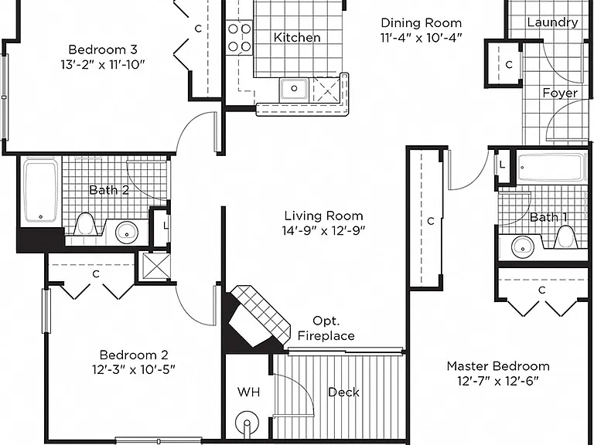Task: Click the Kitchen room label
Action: tap(297, 37)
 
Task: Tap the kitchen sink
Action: tap(294, 90)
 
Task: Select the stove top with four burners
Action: tap(240, 37)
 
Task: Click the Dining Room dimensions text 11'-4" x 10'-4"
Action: tap(422, 38)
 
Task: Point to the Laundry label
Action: tap(552, 22)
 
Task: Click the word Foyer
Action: tap(560, 93)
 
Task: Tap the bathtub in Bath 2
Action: tap(41, 192)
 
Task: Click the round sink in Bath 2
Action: tap(127, 232)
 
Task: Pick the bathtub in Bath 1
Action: tap(551, 167)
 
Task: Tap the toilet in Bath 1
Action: tap(565, 237)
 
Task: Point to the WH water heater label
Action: tap(248, 392)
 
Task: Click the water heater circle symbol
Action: tap(247, 423)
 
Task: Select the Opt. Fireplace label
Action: tap(326, 328)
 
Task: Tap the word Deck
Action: tap(343, 392)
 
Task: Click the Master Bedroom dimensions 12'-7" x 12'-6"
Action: tap(498, 381)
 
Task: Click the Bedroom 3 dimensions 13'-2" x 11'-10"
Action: tap(103, 65)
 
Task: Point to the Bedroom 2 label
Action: tap(134, 355)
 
